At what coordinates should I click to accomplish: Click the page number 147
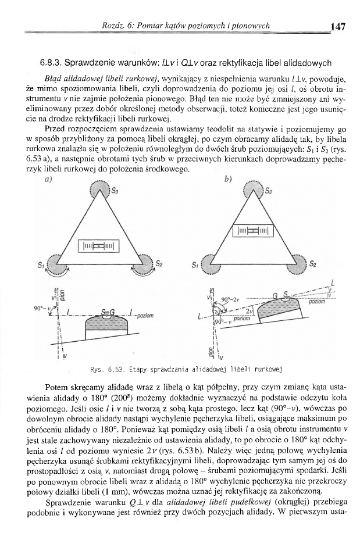click(x=337, y=26)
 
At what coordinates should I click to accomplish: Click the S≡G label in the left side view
click(x=108, y=313)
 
